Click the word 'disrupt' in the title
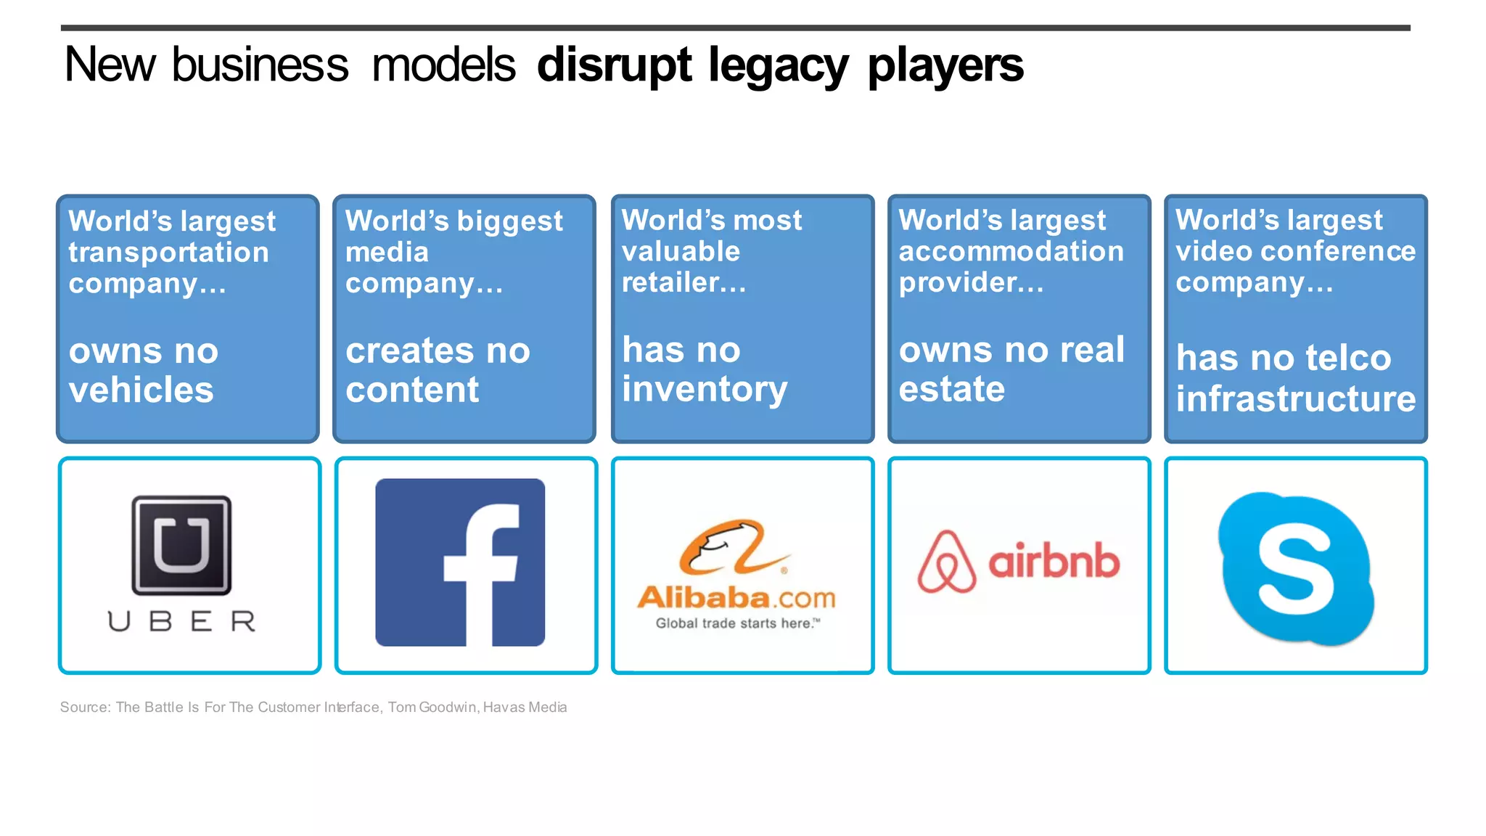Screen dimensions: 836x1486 tap(614, 65)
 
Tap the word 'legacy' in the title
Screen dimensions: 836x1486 tap(778, 65)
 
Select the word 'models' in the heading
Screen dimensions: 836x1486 tap(443, 65)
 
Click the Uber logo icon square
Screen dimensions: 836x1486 tap(181, 545)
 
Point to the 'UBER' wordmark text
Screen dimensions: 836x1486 tap(181, 621)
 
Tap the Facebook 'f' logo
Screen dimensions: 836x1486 tap(460, 562)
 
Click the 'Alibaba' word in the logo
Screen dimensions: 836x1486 tap(702, 598)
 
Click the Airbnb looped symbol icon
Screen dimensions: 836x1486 tap(946, 562)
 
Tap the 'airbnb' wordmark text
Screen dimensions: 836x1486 tap(1054, 561)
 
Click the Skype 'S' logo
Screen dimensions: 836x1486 tap(1296, 568)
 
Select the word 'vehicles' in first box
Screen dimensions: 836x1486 tap(141, 390)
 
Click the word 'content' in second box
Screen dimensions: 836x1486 tap(412, 390)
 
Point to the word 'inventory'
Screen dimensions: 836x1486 tap(705, 390)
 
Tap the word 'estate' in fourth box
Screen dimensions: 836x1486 tap(952, 390)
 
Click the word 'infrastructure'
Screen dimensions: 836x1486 tap(1296, 399)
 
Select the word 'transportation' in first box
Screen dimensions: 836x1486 tap(168, 253)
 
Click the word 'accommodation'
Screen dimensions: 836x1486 tap(1011, 252)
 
